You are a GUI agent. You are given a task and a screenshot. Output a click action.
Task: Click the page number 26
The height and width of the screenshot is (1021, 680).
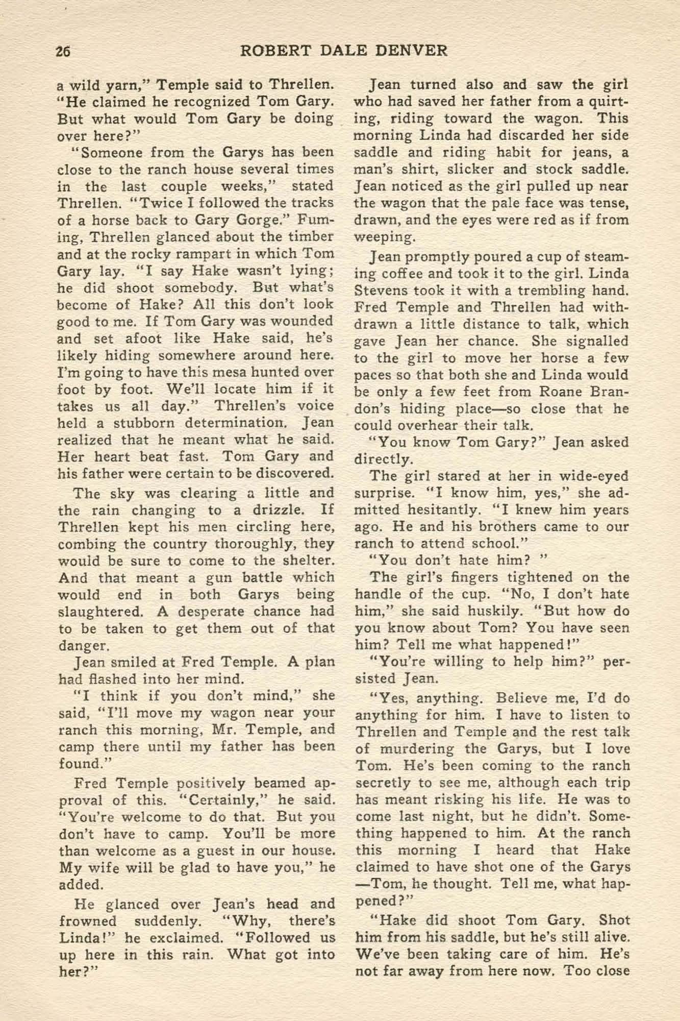pyautogui.click(x=63, y=51)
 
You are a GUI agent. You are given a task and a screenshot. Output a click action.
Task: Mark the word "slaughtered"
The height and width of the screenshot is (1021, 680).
pyautogui.click(x=98, y=612)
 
